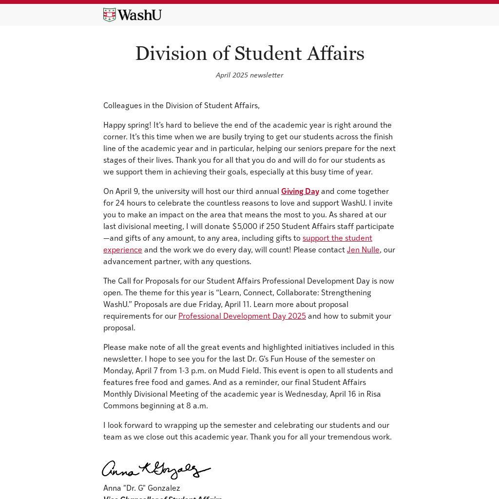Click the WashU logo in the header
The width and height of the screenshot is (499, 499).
click(x=132, y=15)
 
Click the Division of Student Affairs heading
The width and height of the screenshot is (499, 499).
click(x=249, y=54)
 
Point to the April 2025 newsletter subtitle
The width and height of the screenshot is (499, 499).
click(x=249, y=75)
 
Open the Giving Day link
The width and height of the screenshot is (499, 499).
click(x=300, y=191)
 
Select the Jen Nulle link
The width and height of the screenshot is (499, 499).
click(x=363, y=249)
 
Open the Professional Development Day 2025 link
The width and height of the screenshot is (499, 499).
click(x=242, y=316)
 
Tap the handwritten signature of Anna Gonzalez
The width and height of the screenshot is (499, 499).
click(x=156, y=470)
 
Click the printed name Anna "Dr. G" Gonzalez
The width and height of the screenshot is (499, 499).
click(x=141, y=488)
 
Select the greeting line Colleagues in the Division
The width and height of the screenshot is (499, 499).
click(x=181, y=105)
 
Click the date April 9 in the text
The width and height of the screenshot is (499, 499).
click(x=126, y=191)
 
